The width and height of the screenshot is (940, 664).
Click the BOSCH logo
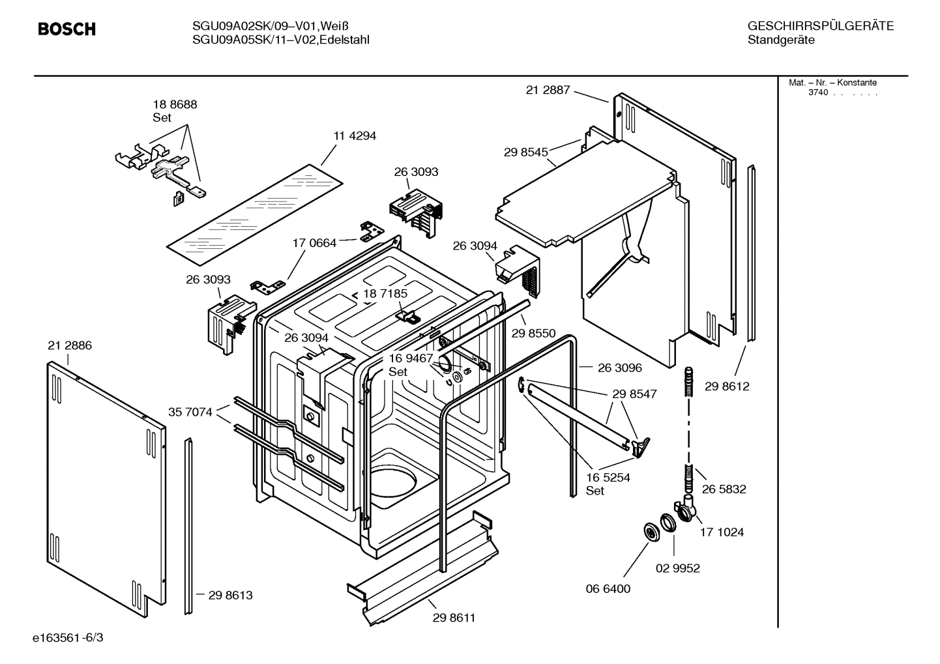click(66, 29)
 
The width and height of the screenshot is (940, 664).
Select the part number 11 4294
click(355, 136)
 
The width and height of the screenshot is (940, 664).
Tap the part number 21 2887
click(548, 90)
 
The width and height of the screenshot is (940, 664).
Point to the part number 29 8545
click(525, 152)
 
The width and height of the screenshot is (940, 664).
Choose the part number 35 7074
click(190, 412)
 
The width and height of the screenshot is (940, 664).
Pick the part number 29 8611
click(454, 618)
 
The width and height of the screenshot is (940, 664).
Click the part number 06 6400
click(608, 588)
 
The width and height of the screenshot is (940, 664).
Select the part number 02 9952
click(677, 568)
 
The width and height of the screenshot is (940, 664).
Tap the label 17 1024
click(722, 532)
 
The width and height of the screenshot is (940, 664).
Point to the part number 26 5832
click(724, 489)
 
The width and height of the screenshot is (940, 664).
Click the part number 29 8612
click(727, 386)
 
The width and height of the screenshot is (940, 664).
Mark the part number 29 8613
click(230, 595)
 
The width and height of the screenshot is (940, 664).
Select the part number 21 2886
click(70, 345)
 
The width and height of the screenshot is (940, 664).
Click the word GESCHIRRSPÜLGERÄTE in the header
click(820, 26)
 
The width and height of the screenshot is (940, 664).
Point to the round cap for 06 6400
click(650, 531)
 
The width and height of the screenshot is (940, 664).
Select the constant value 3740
click(818, 93)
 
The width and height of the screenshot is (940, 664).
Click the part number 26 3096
click(619, 368)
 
